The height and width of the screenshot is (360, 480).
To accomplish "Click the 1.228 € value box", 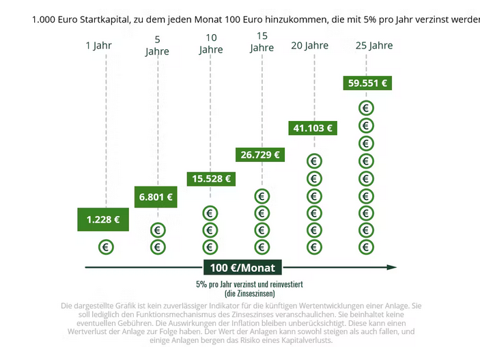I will (103, 219).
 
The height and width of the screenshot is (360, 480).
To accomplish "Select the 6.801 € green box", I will (156, 197).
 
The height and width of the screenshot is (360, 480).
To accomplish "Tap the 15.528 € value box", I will (211, 178).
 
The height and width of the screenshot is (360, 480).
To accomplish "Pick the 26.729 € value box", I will (260, 154).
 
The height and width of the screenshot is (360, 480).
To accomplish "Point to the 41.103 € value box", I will (313, 128).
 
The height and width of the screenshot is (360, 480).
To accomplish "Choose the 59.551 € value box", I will (367, 83).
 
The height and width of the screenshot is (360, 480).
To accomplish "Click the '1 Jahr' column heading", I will (98, 46).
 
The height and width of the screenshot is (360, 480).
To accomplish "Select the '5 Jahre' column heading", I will (157, 46).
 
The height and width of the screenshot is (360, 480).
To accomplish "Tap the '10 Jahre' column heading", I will (211, 44).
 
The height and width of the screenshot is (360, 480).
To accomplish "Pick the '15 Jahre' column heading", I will (262, 42).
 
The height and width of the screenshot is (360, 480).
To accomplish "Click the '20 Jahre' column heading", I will (309, 46).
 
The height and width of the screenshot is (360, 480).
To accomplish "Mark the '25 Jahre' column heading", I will (374, 46).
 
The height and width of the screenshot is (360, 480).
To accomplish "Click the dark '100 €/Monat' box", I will (242, 267).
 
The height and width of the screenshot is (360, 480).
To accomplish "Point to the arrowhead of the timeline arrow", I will (392, 267).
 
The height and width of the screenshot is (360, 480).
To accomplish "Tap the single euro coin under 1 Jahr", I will (106, 247).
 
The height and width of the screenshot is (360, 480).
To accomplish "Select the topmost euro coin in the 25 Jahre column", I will (367, 108).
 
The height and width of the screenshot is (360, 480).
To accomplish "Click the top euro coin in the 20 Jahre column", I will (314, 161).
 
